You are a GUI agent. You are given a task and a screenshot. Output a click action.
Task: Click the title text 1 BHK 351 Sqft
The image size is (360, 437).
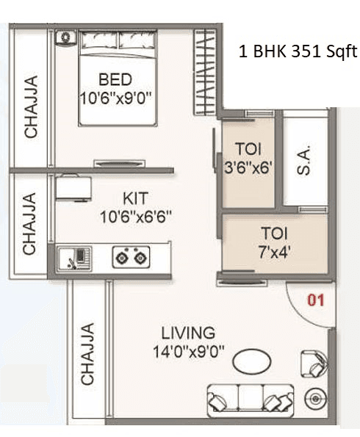tap(298, 52)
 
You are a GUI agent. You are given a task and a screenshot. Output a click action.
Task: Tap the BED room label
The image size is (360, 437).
tap(115, 79)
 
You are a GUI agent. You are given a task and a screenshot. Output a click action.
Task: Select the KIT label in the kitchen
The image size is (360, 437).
tap(135, 198)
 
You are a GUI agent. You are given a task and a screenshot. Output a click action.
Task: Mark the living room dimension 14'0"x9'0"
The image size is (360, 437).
tap(188, 350)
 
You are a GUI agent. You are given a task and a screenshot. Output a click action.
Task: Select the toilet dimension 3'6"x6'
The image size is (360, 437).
tap(248, 166)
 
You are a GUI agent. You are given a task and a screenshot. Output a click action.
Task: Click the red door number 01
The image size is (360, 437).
tap(315, 300)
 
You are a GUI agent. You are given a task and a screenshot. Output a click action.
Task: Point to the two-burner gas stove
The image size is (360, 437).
tap(131, 257)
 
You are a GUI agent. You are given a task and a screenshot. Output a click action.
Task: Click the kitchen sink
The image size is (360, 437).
tap(73, 257)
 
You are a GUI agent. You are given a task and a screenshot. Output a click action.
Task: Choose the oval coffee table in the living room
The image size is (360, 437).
tap(251, 361)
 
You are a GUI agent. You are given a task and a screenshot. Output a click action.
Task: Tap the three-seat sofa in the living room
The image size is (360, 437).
tap(245, 399)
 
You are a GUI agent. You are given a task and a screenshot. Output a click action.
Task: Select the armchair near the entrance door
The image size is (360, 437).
tap(313, 362)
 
